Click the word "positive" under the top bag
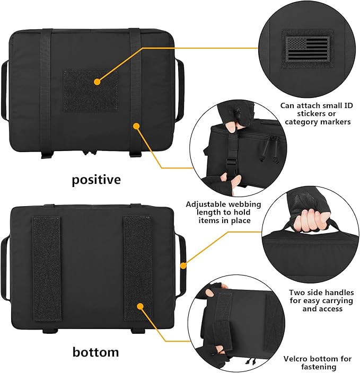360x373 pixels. (96, 180)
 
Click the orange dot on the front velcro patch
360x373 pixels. (97, 82)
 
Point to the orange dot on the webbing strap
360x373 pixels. (136, 126)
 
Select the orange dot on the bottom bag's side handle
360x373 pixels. (183, 265)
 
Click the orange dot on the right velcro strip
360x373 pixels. (141, 306)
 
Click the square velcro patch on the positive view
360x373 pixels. (90, 90)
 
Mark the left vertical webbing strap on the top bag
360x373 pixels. (47, 90)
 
